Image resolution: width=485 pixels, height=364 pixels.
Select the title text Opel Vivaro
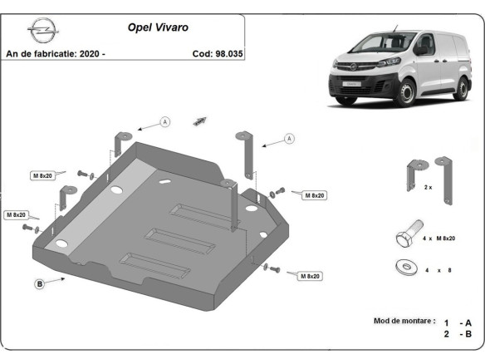tap(157, 27)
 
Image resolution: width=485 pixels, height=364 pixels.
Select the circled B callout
tap(39, 285)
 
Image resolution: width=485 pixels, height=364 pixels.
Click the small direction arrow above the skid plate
tap(199, 121)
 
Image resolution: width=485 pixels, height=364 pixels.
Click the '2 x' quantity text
tap(428, 188)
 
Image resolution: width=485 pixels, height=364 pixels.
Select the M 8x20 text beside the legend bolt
tap(444, 239)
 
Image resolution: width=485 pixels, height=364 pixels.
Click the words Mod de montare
tap(404, 320)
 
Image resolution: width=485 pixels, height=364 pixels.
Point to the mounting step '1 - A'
tap(458, 322)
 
